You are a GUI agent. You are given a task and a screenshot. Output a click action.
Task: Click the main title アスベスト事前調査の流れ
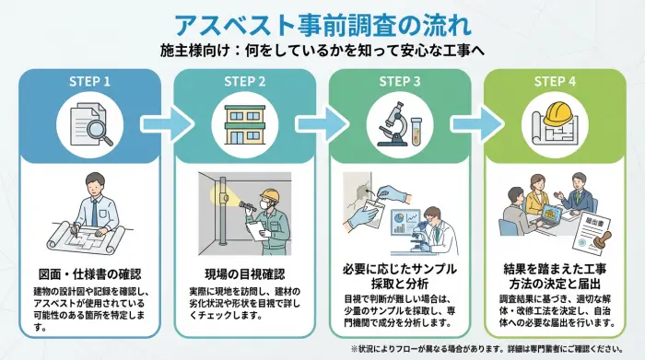[x=322, y=22]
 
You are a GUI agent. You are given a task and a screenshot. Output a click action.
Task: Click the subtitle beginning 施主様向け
[x=322, y=50]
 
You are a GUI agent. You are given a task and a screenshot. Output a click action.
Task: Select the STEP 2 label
[x=244, y=81]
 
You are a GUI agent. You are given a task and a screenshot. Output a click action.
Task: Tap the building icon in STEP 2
[x=244, y=126]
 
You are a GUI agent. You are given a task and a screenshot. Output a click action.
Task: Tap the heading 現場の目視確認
[x=244, y=273]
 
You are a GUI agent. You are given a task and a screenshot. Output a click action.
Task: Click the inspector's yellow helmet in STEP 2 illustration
[x=269, y=196]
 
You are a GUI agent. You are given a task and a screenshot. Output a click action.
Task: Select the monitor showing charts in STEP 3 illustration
[x=408, y=221]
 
